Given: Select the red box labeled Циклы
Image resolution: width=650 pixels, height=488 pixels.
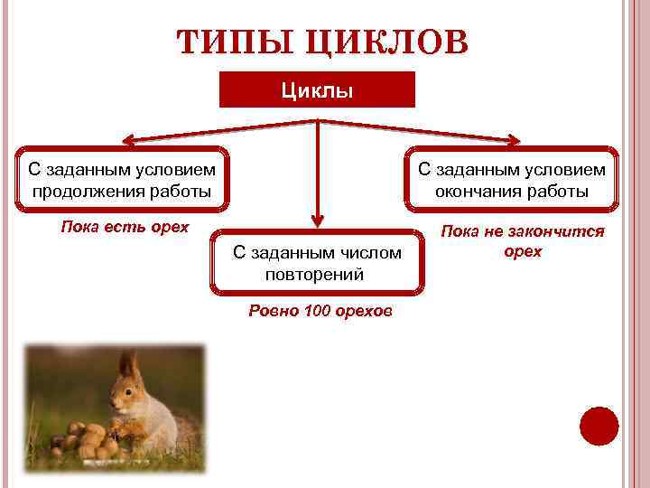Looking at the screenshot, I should [318, 90].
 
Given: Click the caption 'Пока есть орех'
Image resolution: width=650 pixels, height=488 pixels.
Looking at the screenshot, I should [124, 226].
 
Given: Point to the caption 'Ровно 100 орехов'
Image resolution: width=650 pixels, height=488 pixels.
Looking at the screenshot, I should [320, 312].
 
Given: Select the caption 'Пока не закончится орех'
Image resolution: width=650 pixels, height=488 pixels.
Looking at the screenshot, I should [523, 241].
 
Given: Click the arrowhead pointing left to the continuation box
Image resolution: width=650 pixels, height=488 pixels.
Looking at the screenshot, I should [129, 141].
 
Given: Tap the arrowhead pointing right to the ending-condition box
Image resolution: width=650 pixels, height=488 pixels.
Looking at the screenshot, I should [512, 140].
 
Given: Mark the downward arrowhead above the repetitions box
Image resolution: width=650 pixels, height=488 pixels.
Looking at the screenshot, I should [318, 220].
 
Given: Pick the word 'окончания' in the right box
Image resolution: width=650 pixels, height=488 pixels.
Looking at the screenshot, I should [472, 191].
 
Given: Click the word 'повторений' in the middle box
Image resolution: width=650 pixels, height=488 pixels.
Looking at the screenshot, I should [315, 275].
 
